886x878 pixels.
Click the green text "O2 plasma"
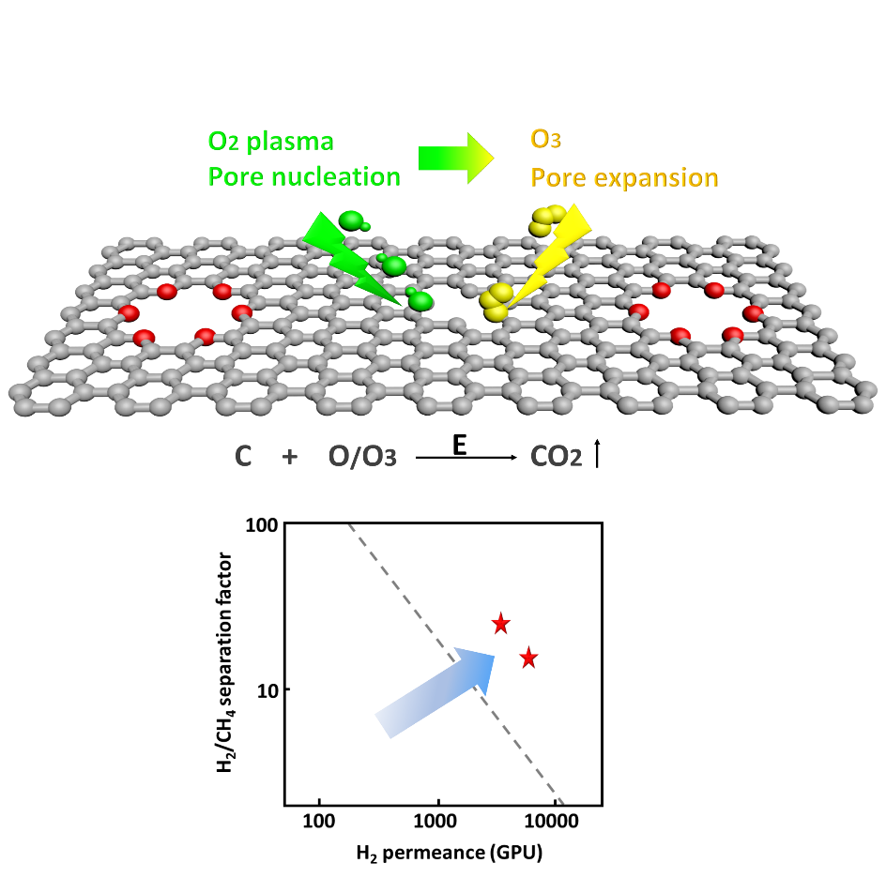point(270,141)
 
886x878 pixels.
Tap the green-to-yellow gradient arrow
point(455,158)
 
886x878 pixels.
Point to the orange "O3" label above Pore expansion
point(546,140)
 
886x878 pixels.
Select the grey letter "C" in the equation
point(243,457)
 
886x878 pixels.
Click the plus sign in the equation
point(289,457)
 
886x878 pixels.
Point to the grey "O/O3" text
point(361,457)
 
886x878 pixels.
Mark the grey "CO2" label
point(556,457)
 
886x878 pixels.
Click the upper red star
point(500,623)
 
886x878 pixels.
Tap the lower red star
point(528,658)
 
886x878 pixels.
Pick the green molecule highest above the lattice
point(353,220)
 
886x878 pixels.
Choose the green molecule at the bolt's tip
point(420,300)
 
